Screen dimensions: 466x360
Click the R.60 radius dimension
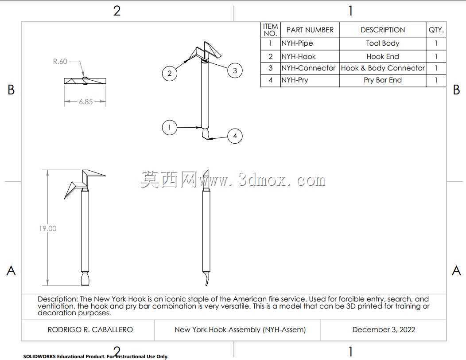[x=60, y=61]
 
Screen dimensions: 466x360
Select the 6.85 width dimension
[x=85, y=102]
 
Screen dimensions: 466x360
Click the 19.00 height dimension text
[x=47, y=228]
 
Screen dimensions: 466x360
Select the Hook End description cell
[x=382, y=57]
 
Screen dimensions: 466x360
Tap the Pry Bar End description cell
[x=382, y=80]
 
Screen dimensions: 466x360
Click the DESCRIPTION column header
[x=382, y=30]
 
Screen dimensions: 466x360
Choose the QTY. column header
[x=436, y=30]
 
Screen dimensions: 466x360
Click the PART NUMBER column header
[x=310, y=30]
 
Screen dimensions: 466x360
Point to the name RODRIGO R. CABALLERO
[x=90, y=330]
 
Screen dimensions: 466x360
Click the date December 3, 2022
[x=384, y=330]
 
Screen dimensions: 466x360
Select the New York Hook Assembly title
[x=240, y=330]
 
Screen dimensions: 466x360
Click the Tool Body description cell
[x=382, y=43]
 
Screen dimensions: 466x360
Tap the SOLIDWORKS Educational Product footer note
[x=96, y=356]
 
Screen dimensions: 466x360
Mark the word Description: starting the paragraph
[x=58, y=299]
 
